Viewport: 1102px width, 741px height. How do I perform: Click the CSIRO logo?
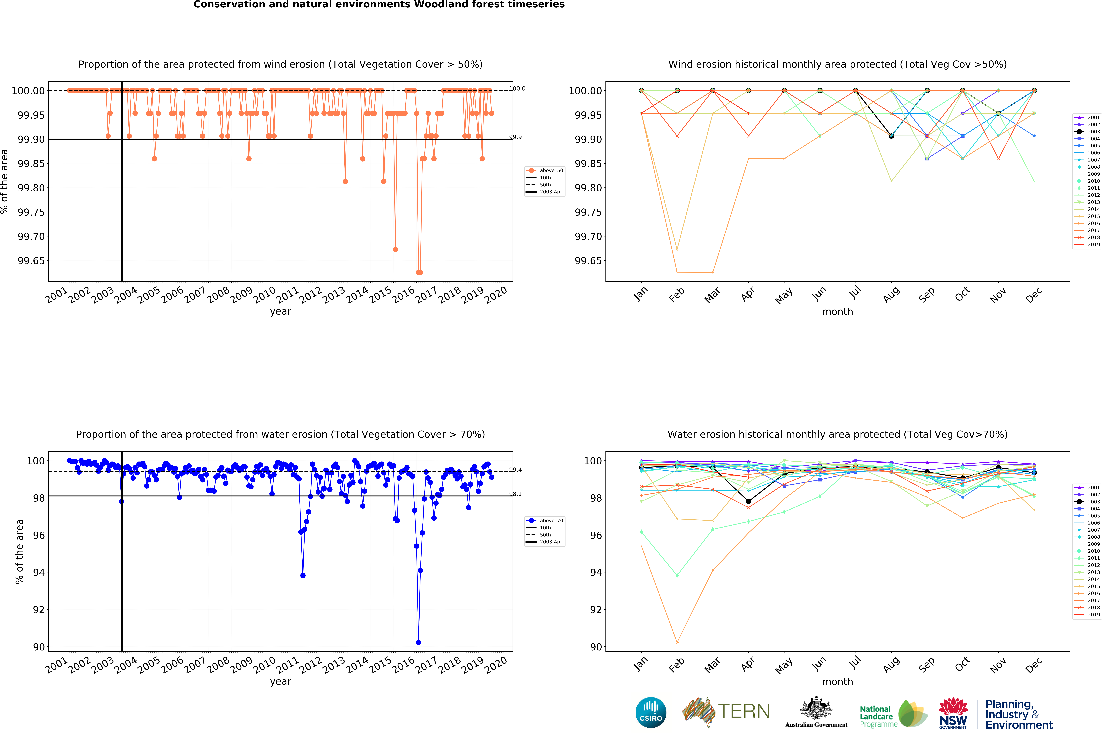point(651,712)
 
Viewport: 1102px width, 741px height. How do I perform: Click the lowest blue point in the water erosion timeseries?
point(418,642)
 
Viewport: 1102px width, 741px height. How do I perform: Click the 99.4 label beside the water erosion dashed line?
point(516,470)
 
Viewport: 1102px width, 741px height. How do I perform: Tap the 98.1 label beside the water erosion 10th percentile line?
point(516,494)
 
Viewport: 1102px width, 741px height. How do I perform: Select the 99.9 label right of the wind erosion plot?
point(516,137)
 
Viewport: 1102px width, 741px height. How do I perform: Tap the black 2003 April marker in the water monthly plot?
point(748,501)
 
